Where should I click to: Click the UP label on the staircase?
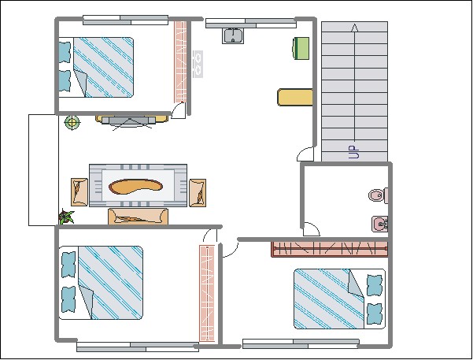pyautogui.click(x=354, y=152)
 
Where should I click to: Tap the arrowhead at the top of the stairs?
pyautogui.click(x=355, y=28)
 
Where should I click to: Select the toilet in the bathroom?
pyautogui.click(x=379, y=195)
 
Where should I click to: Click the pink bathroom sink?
pyautogui.click(x=380, y=224)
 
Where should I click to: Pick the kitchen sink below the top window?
pyautogui.click(x=233, y=35)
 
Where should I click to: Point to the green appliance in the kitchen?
pyautogui.click(x=301, y=48)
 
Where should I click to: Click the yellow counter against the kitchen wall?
pyautogui.click(x=294, y=97)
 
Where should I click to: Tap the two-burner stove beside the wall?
pyautogui.click(x=198, y=64)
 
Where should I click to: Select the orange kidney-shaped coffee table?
pyautogui.click(x=135, y=187)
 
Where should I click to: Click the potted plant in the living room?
pyautogui.click(x=66, y=217)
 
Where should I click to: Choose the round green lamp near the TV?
pyautogui.click(x=72, y=123)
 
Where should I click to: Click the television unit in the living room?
pyautogui.click(x=131, y=121)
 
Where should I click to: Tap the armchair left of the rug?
pyautogui.click(x=79, y=192)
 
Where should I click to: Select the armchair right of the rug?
pyautogui.click(x=198, y=193)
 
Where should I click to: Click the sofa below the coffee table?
pyautogui.click(x=138, y=217)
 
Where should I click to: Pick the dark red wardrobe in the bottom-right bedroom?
pyautogui.click(x=330, y=250)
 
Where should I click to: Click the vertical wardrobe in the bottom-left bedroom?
pyautogui.click(x=207, y=294)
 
